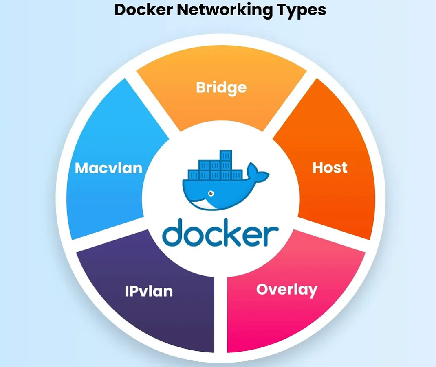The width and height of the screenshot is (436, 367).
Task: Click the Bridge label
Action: pyautogui.click(x=221, y=87)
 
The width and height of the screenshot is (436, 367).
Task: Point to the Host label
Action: pyautogui.click(x=330, y=167)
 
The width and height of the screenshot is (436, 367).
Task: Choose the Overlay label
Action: pyautogui.click(x=286, y=290)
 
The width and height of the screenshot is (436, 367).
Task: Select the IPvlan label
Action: pyautogui.click(x=149, y=291)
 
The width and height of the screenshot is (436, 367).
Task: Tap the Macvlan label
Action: pyautogui.click(x=109, y=168)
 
